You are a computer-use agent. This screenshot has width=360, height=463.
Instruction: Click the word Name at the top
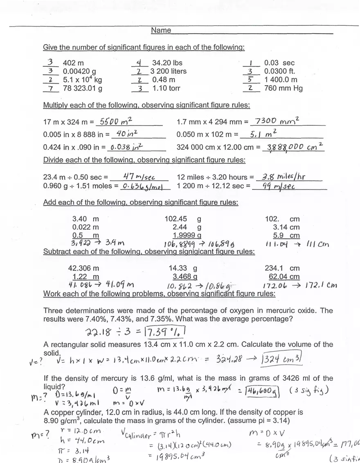tap(161, 30)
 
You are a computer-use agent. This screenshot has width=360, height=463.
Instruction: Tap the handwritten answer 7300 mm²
tap(277, 121)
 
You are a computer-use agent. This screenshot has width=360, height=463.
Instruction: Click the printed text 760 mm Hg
tap(283, 88)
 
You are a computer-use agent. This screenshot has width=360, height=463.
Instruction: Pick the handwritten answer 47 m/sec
tap(139, 177)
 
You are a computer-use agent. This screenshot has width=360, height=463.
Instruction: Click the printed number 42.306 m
tap(83, 269)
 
